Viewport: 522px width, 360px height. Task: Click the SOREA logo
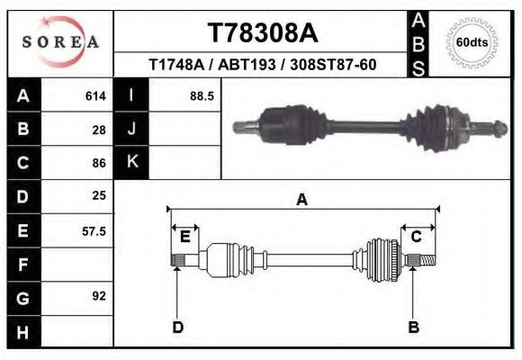(x=60, y=42)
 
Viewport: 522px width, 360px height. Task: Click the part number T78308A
(x=263, y=32)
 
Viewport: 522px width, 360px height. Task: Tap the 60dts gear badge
(x=472, y=42)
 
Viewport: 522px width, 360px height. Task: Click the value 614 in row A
(x=95, y=95)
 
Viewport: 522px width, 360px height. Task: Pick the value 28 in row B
(x=99, y=130)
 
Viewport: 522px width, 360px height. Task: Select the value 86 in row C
(x=99, y=164)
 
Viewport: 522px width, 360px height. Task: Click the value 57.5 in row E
(x=94, y=231)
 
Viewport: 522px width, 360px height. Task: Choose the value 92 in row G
(x=99, y=295)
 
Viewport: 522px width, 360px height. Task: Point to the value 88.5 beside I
(x=202, y=95)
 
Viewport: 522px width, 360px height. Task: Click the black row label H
(x=22, y=333)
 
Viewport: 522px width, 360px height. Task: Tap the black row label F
(x=22, y=265)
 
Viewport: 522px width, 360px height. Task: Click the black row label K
(x=131, y=162)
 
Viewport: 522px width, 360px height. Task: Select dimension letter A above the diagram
(x=301, y=200)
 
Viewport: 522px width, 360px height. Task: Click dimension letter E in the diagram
(x=184, y=236)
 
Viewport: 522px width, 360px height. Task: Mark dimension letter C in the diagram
(x=417, y=236)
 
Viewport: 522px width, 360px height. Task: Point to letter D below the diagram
(x=177, y=327)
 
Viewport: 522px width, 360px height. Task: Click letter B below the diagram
(x=414, y=327)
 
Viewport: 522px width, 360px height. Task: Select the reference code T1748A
(x=177, y=65)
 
